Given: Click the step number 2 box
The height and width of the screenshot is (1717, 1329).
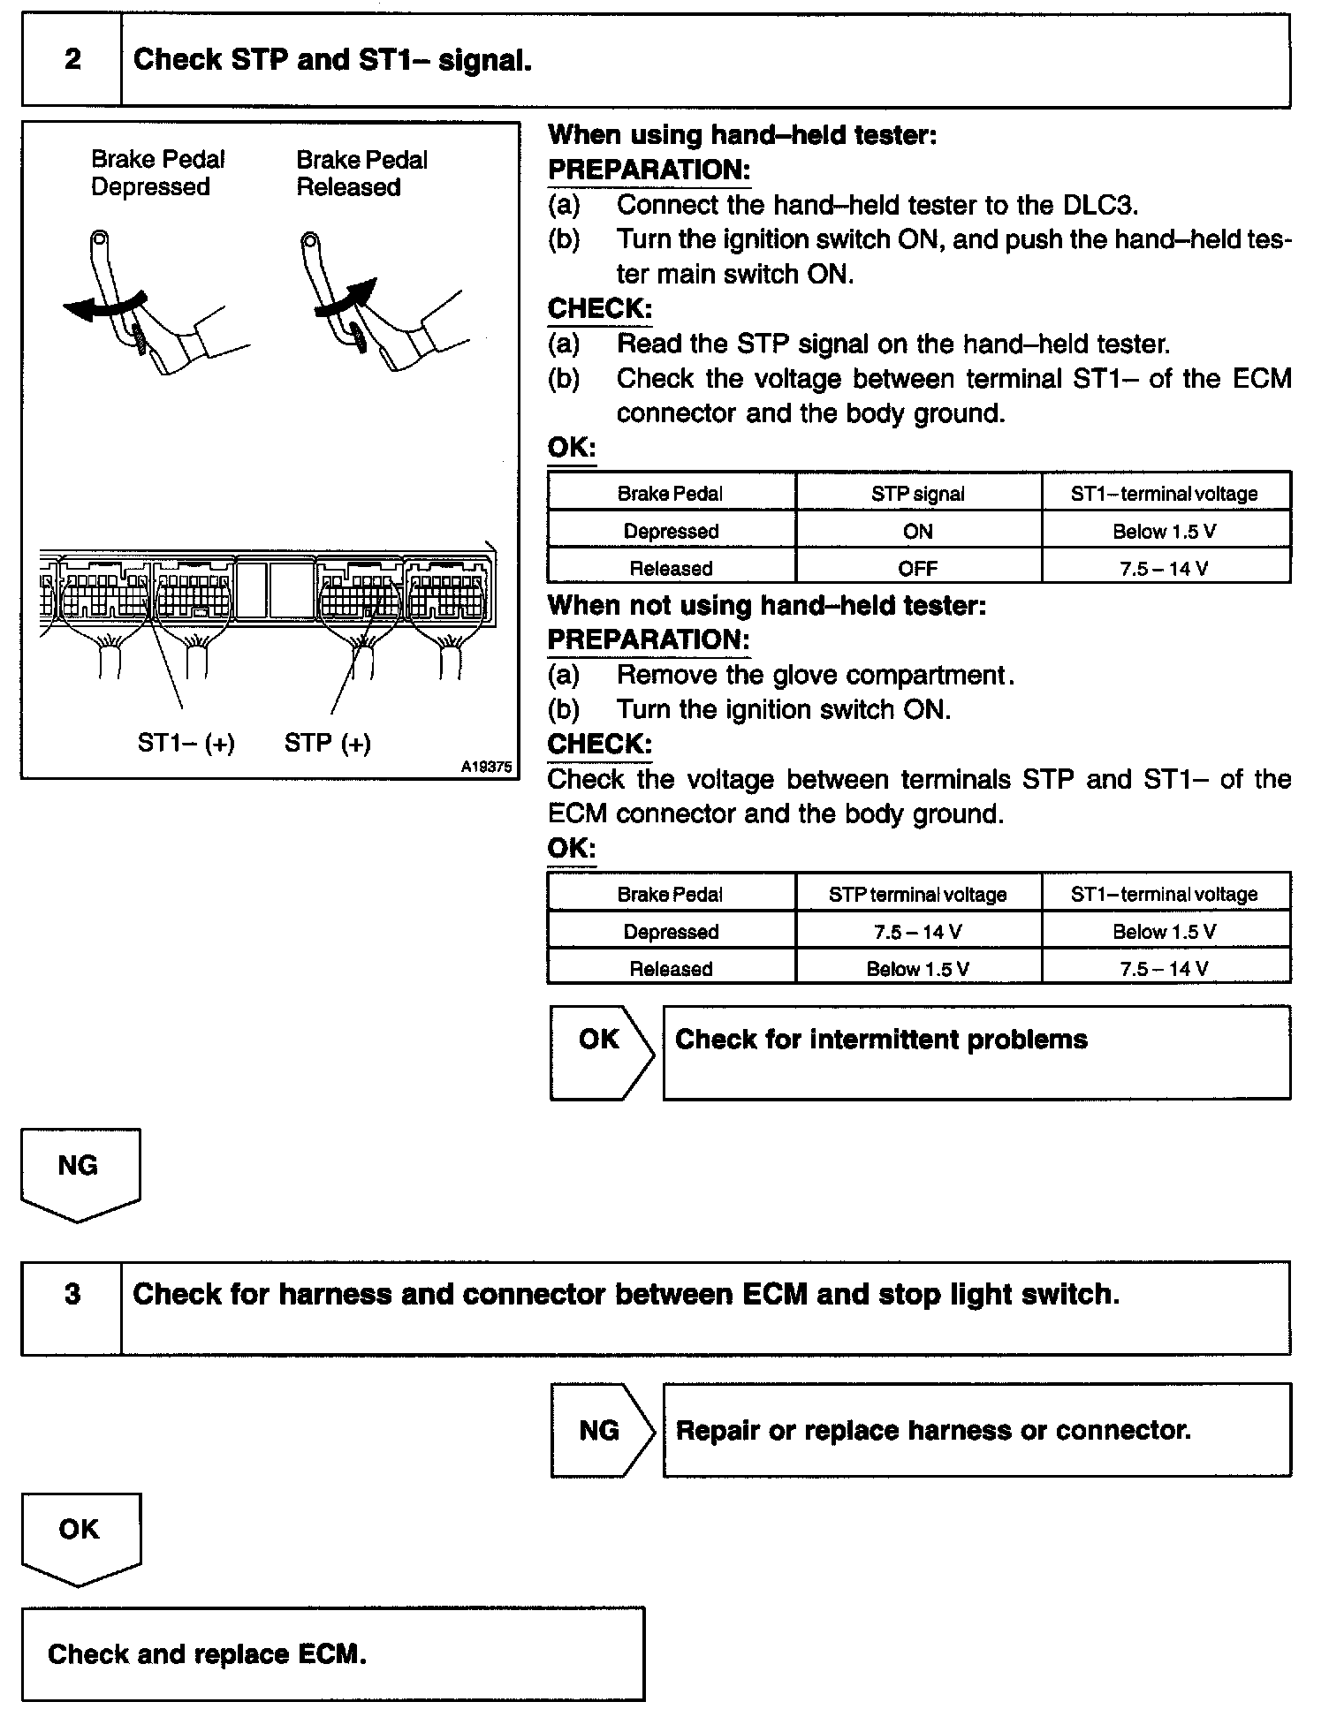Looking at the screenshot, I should [x=72, y=60].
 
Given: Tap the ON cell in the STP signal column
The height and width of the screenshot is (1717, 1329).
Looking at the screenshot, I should [x=918, y=531].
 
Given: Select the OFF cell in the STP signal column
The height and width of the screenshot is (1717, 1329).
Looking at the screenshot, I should [x=918, y=568].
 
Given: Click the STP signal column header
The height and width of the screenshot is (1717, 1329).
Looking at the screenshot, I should [x=918, y=494].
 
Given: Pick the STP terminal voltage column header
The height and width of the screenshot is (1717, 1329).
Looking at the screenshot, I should [x=918, y=895].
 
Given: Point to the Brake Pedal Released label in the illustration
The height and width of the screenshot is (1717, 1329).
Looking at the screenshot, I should [x=361, y=173].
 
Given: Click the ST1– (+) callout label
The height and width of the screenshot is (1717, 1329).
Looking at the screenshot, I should [x=186, y=743].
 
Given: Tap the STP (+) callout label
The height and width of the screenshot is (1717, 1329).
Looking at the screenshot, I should [x=327, y=743].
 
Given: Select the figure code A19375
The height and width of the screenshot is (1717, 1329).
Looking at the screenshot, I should [x=486, y=768].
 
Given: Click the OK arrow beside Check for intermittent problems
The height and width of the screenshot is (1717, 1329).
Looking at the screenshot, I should [x=601, y=1051].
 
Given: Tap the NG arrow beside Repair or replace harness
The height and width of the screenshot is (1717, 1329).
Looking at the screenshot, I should [x=601, y=1430].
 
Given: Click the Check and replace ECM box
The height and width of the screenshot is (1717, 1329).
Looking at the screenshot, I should [x=332, y=1654].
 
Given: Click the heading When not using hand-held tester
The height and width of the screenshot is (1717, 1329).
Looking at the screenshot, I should [x=766, y=606].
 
